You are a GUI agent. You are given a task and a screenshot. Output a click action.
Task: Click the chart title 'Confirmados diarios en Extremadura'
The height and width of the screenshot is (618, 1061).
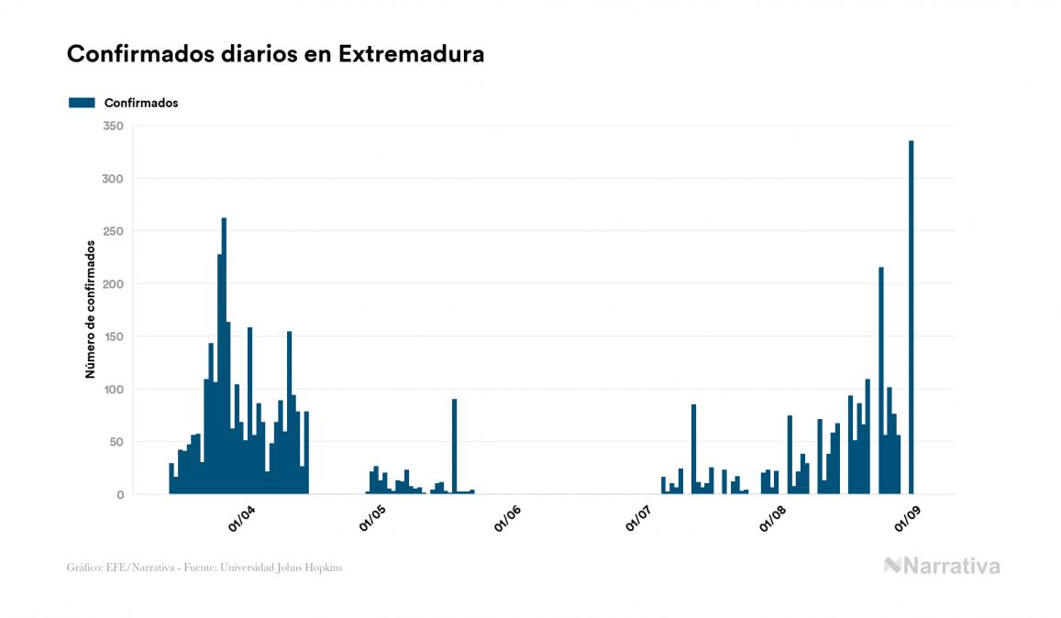pos(275,54)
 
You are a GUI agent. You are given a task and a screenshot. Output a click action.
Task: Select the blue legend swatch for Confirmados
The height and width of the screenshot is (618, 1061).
pos(82,103)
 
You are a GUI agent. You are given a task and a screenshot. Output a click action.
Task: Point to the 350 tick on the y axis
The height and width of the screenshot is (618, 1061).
pos(114,126)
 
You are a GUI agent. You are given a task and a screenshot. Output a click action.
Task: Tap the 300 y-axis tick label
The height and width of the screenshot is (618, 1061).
pos(114,179)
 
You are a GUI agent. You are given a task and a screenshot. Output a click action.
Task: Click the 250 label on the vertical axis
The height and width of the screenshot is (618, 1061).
pos(114,231)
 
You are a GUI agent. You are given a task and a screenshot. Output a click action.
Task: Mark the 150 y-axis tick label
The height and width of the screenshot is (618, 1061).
pos(114,337)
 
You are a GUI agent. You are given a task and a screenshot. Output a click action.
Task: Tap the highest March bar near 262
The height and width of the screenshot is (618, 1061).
pos(224,358)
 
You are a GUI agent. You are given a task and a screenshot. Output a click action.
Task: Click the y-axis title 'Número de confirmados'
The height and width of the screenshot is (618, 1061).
pos(91,310)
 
